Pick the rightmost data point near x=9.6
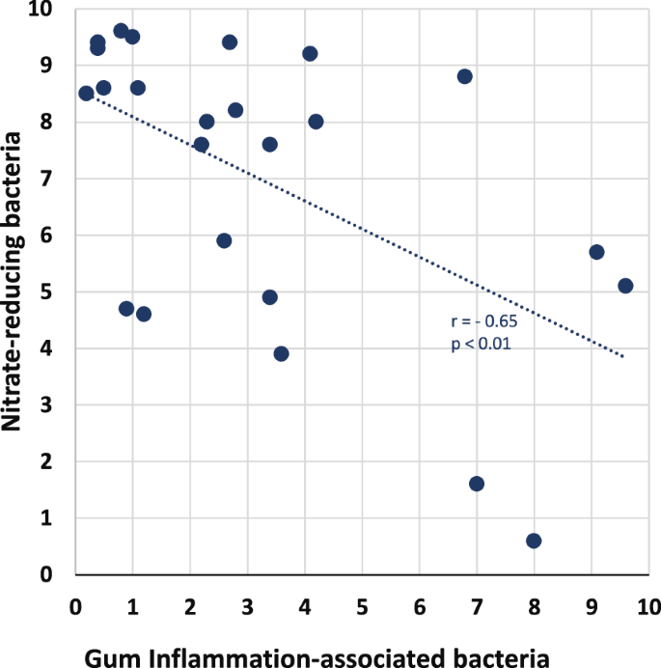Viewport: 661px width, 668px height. pos(625,286)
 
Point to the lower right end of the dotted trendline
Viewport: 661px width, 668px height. pos(623,356)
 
